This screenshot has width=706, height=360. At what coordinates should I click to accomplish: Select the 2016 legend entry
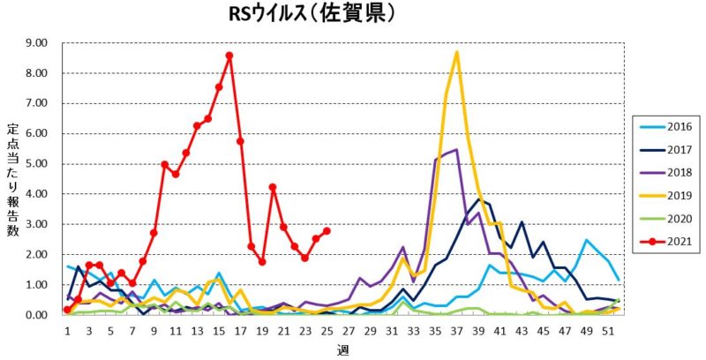coord(667,126)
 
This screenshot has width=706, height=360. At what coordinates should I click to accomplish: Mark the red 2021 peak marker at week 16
coord(229,55)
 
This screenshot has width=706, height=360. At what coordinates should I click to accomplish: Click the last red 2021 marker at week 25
coord(327,231)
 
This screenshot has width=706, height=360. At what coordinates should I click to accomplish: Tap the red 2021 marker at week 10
coord(164,164)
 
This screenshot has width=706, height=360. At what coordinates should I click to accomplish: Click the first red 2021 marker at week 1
coord(67,310)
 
